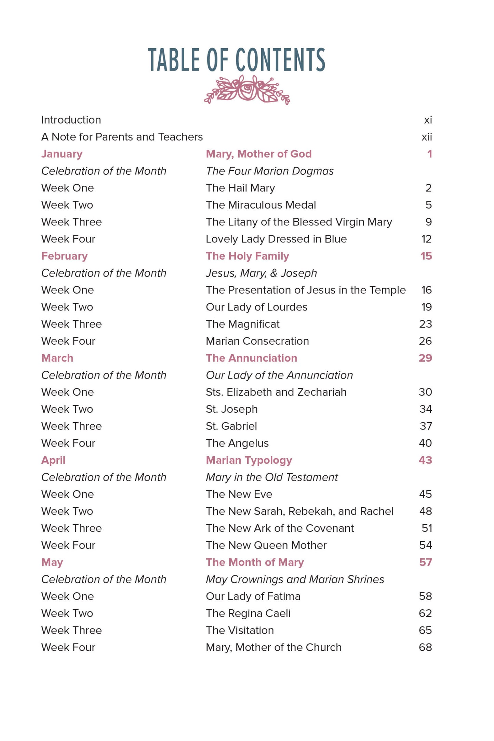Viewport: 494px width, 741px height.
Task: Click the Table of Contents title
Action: click(x=236, y=60)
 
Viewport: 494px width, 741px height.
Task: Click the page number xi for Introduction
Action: click(x=428, y=120)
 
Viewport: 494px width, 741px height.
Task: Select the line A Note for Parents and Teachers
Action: click(x=122, y=137)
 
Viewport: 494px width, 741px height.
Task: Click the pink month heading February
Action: click(x=64, y=256)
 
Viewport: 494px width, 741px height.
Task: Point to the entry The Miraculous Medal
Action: click(x=261, y=205)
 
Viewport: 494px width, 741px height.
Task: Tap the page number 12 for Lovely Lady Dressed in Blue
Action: click(x=426, y=239)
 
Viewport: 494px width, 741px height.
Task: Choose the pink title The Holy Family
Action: click(x=247, y=256)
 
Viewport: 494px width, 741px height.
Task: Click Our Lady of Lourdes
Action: click(x=256, y=307)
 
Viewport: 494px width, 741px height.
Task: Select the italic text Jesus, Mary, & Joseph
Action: click(x=261, y=273)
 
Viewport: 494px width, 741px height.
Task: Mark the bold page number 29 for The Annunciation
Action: click(x=425, y=358)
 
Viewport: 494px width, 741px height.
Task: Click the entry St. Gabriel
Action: click(x=231, y=426)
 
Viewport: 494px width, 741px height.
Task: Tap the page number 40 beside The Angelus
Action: click(x=425, y=443)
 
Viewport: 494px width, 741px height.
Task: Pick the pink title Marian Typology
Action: click(x=249, y=460)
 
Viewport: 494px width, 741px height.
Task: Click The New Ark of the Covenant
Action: click(x=280, y=528)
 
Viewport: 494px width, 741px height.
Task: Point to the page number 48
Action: click(x=426, y=511)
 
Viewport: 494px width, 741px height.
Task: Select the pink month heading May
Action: click(x=52, y=562)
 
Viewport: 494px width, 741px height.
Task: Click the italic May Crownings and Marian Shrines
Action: click(x=295, y=579)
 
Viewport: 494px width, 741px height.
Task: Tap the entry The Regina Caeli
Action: click(x=248, y=613)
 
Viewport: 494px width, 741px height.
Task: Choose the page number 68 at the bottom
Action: click(x=425, y=647)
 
